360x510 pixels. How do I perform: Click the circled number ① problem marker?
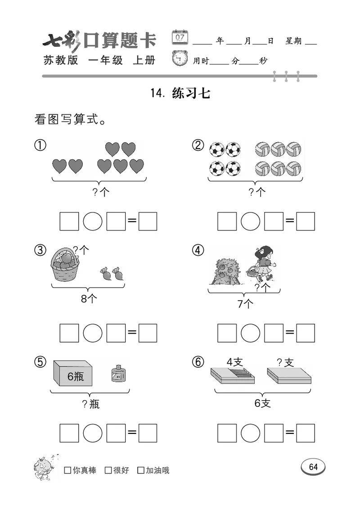[x=40, y=146]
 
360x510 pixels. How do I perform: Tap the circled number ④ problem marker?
[x=198, y=251]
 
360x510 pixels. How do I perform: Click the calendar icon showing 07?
[x=180, y=37]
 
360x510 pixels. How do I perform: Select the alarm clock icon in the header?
[x=180, y=59]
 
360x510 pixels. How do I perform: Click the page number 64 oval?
[x=313, y=467]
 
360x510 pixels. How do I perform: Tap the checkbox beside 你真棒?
[x=67, y=470]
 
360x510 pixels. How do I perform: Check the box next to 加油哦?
[x=141, y=470]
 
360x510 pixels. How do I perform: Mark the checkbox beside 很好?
[x=108, y=470]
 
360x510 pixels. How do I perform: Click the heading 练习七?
[x=191, y=94]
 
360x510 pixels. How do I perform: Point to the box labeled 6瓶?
[x=73, y=374]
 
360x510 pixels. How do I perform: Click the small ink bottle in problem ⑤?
[x=117, y=374]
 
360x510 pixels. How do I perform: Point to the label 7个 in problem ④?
[x=245, y=304]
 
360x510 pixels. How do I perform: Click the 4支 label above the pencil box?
[x=235, y=362]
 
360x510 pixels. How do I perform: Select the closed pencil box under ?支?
[x=288, y=375]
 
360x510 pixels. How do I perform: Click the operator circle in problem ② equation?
[x=251, y=221]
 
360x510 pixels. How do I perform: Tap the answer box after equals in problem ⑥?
[x=306, y=433]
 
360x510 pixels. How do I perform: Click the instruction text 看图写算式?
[x=70, y=120]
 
